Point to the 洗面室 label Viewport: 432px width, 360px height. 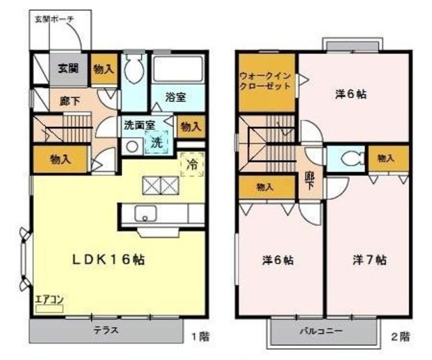point(140,125)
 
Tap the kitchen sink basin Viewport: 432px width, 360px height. point(144,215)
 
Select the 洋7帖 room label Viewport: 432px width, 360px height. point(369,259)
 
